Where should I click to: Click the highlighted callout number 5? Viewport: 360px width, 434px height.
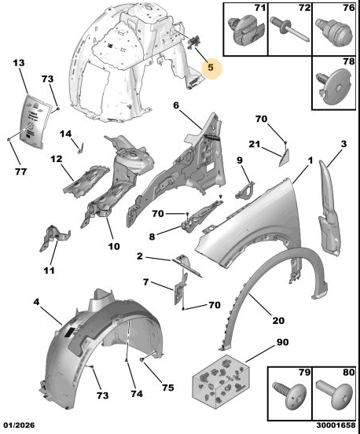pyautogui.click(x=211, y=68)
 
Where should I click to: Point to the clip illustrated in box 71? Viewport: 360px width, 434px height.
pyautogui.click(x=245, y=31)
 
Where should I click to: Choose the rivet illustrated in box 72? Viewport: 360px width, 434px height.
pyautogui.click(x=289, y=30)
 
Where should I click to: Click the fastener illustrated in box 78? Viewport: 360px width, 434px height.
pyautogui.click(x=336, y=86)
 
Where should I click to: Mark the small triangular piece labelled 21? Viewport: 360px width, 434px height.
pyautogui.click(x=284, y=157)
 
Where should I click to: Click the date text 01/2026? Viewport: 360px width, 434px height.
pyautogui.click(x=19, y=425)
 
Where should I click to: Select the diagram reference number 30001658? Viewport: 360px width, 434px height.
pyautogui.click(x=336, y=425)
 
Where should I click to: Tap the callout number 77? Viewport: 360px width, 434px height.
pyautogui.click(x=20, y=171)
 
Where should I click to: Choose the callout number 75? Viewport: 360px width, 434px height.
pyautogui.click(x=168, y=388)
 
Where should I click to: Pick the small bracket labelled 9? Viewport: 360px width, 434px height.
pyautogui.click(x=244, y=190)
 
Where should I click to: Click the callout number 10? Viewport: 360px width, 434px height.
pyautogui.click(x=114, y=246)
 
